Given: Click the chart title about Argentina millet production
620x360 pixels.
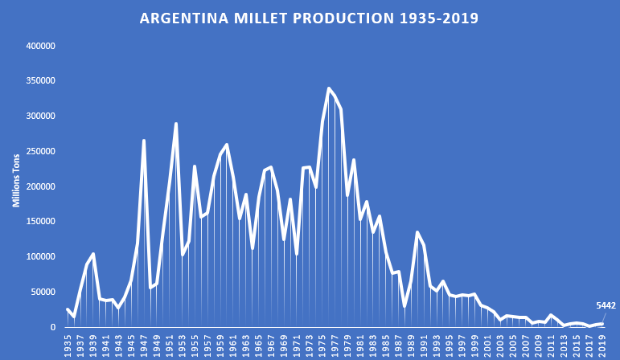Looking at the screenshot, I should (310, 17).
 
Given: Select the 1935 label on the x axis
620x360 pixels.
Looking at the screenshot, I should (68, 343).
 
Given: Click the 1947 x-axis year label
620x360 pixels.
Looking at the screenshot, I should (144, 343).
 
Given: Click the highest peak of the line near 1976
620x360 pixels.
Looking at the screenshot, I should (329, 88).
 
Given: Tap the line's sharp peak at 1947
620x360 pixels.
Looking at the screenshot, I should (144, 141).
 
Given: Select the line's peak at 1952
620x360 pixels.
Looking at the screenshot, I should (176, 124).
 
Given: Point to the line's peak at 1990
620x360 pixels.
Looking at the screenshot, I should (417, 232).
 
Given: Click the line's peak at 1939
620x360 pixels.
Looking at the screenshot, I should (93, 254).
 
